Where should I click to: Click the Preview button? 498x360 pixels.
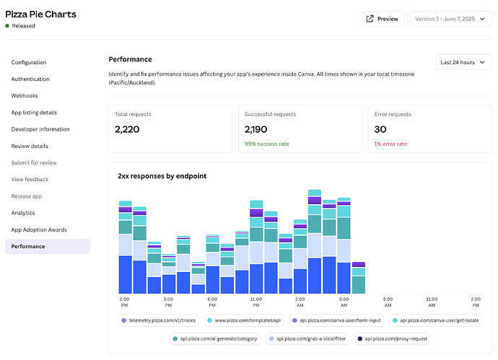tap(383, 19)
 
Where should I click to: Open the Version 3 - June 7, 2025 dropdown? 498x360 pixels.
tap(450, 19)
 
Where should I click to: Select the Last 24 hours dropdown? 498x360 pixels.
tap(463, 62)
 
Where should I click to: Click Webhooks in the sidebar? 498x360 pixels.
tap(25, 95)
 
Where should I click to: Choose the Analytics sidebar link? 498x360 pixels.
tap(23, 213)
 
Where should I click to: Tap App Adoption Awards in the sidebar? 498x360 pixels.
tap(39, 229)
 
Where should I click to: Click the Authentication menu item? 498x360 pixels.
tap(30, 79)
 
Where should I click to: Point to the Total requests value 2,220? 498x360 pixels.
tap(127, 129)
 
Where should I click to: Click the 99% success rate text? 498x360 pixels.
tap(266, 144)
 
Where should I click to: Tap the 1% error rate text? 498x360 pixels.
tap(390, 144)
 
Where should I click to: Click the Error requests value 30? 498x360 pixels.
tap(380, 129)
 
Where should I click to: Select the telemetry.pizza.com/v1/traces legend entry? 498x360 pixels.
tap(159, 320)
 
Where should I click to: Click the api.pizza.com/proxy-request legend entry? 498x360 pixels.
tap(392, 339)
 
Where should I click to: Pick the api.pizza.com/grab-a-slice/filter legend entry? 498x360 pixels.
tap(307, 339)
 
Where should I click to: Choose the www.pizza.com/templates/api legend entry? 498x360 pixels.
tap(244, 320)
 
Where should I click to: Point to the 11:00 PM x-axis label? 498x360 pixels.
tap(256, 302)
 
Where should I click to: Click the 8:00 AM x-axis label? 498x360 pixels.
tap(388, 302)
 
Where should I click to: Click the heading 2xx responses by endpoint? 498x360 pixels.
tap(162, 176)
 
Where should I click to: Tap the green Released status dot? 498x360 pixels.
tap(7, 26)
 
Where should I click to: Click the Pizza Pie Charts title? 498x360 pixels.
tap(40, 14)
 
